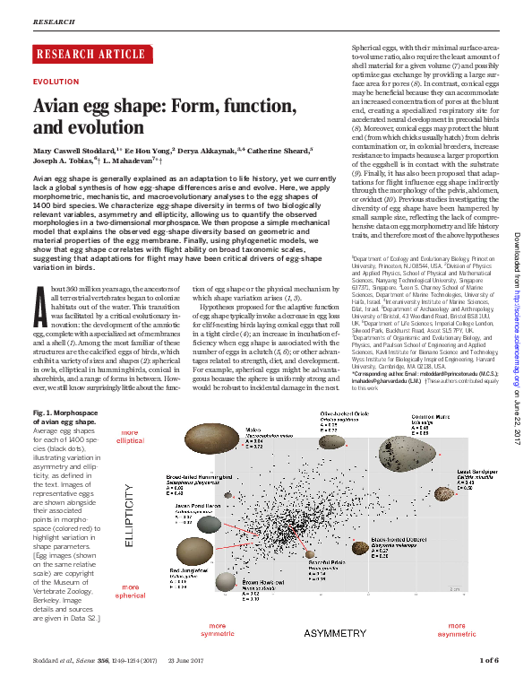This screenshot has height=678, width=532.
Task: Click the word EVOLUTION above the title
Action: tap(55, 81)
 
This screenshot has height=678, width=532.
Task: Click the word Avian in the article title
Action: tap(58, 106)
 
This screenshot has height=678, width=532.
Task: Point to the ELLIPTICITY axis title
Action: tap(130, 518)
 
